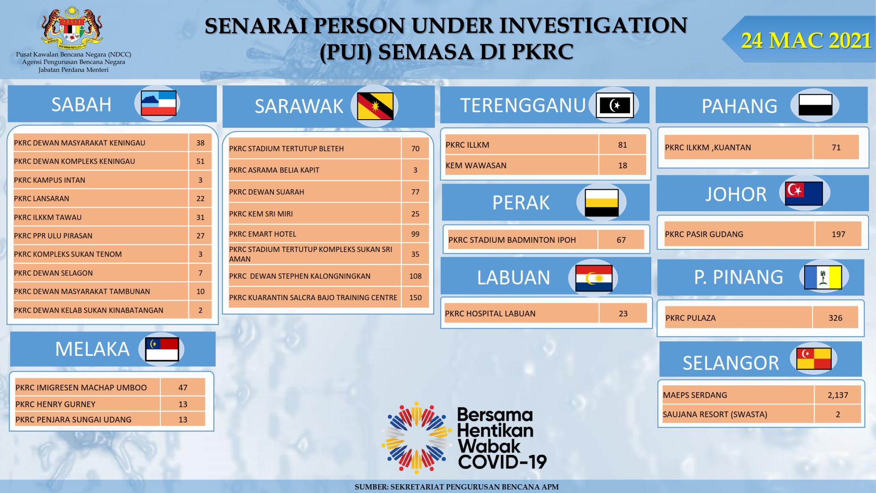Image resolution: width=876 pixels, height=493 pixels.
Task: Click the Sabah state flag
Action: (159, 103)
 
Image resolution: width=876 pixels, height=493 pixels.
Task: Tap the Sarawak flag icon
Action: (375, 106)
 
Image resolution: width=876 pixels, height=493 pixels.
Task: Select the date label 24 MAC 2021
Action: (806, 40)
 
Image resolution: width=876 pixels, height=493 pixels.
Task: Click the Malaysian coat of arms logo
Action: (72, 28)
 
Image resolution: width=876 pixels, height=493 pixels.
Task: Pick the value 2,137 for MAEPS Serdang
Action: (837, 395)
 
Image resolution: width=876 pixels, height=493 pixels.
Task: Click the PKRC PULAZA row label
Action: (690, 318)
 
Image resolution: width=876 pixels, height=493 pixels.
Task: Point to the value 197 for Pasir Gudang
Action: (838, 234)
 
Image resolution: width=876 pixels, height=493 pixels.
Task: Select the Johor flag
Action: (804, 193)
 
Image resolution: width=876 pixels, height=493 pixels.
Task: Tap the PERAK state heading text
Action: (521, 202)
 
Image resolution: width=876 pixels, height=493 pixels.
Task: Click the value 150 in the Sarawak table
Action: (415, 298)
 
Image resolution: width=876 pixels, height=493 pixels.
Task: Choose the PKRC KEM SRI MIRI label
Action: (261, 214)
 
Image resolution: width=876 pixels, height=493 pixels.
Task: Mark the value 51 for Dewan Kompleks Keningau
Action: (200, 161)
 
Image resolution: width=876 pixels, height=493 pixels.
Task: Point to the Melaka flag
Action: (162, 349)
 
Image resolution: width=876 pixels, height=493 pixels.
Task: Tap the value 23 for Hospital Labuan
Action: (623, 313)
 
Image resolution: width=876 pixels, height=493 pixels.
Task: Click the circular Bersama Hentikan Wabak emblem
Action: (417, 438)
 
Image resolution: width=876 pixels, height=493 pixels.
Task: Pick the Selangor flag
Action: (814, 358)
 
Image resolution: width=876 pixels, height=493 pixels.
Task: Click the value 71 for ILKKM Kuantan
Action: (836, 147)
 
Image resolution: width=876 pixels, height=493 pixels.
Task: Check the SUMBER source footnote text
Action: (456, 486)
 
